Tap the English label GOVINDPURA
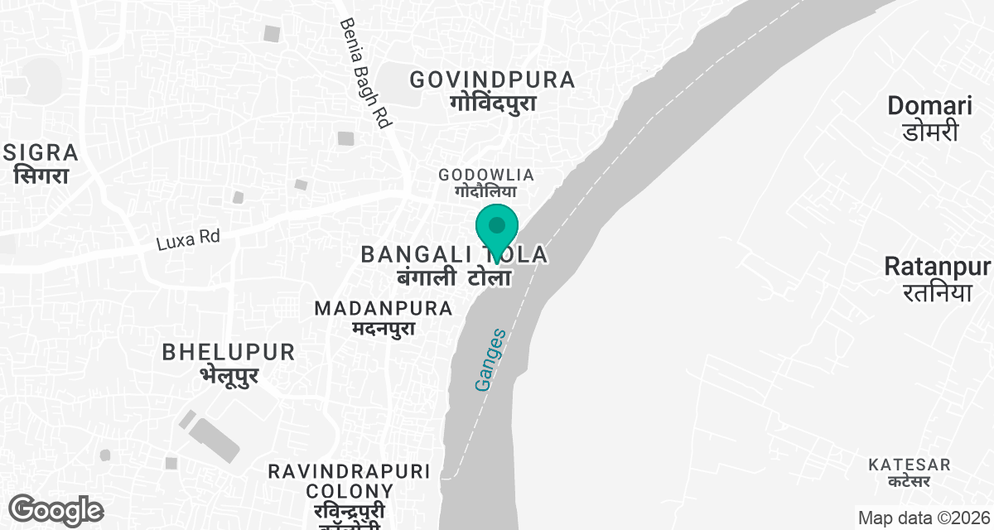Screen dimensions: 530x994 pyautogui.click(x=492, y=79)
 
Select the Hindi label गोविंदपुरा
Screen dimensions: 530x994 pyautogui.click(x=493, y=104)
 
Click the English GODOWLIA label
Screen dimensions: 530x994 pyautogui.click(x=486, y=175)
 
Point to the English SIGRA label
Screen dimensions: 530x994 pyautogui.click(x=41, y=152)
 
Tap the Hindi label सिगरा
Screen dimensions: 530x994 pyautogui.click(x=41, y=176)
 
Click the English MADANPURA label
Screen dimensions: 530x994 pyautogui.click(x=384, y=308)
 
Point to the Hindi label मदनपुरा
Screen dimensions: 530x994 pyautogui.click(x=383, y=329)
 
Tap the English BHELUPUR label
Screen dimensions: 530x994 pyautogui.click(x=229, y=352)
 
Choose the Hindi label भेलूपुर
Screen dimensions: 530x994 pyautogui.click(x=229, y=375)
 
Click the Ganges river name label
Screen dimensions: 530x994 pyautogui.click(x=490, y=361)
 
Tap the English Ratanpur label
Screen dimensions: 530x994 pyautogui.click(x=937, y=267)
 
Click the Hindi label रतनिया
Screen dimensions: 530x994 pyautogui.click(x=937, y=291)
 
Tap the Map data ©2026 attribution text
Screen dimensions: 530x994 pyautogui.click(x=923, y=518)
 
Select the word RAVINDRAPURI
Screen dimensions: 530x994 pyautogui.click(x=349, y=471)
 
